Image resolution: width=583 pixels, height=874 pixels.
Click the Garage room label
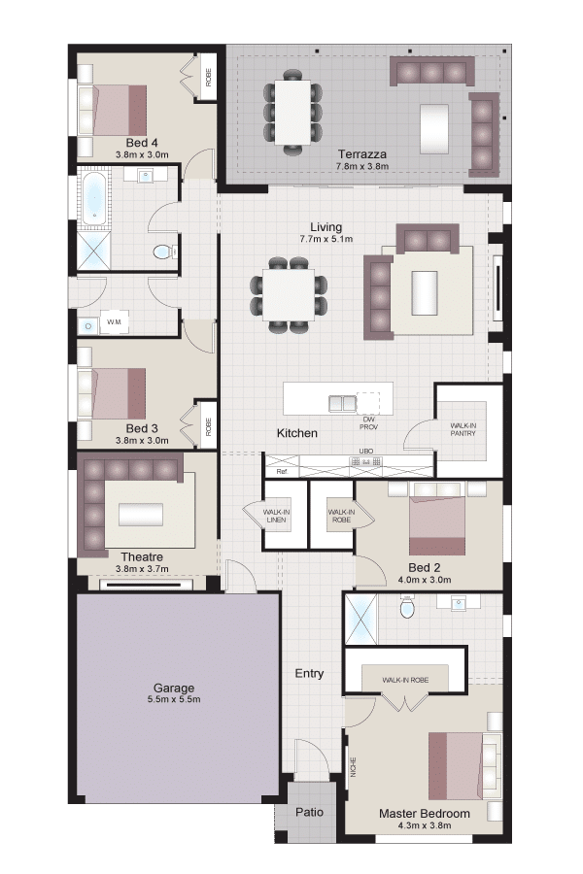174,688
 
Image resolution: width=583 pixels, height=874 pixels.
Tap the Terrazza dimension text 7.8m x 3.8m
362,166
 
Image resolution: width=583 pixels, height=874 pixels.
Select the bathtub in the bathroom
94,200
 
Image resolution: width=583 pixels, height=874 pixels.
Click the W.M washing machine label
114,322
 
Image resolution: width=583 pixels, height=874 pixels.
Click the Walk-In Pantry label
463,429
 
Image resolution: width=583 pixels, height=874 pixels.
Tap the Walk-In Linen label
276,516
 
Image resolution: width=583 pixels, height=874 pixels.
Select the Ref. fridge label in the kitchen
283,472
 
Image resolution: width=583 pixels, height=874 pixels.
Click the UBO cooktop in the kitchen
366,461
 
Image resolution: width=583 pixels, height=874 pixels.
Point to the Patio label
310,812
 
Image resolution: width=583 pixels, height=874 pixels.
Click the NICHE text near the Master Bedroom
353,767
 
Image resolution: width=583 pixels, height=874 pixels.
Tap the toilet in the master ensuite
408,608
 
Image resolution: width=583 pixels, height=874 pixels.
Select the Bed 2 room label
425,567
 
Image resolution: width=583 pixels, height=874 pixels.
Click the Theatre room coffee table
141,514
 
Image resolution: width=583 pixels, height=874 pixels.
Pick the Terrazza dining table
292,112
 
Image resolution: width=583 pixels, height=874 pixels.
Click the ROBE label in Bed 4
209,78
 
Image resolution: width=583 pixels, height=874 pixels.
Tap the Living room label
326,227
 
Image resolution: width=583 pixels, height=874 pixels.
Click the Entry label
309,673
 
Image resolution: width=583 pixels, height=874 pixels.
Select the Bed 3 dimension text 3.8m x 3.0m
142,440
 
